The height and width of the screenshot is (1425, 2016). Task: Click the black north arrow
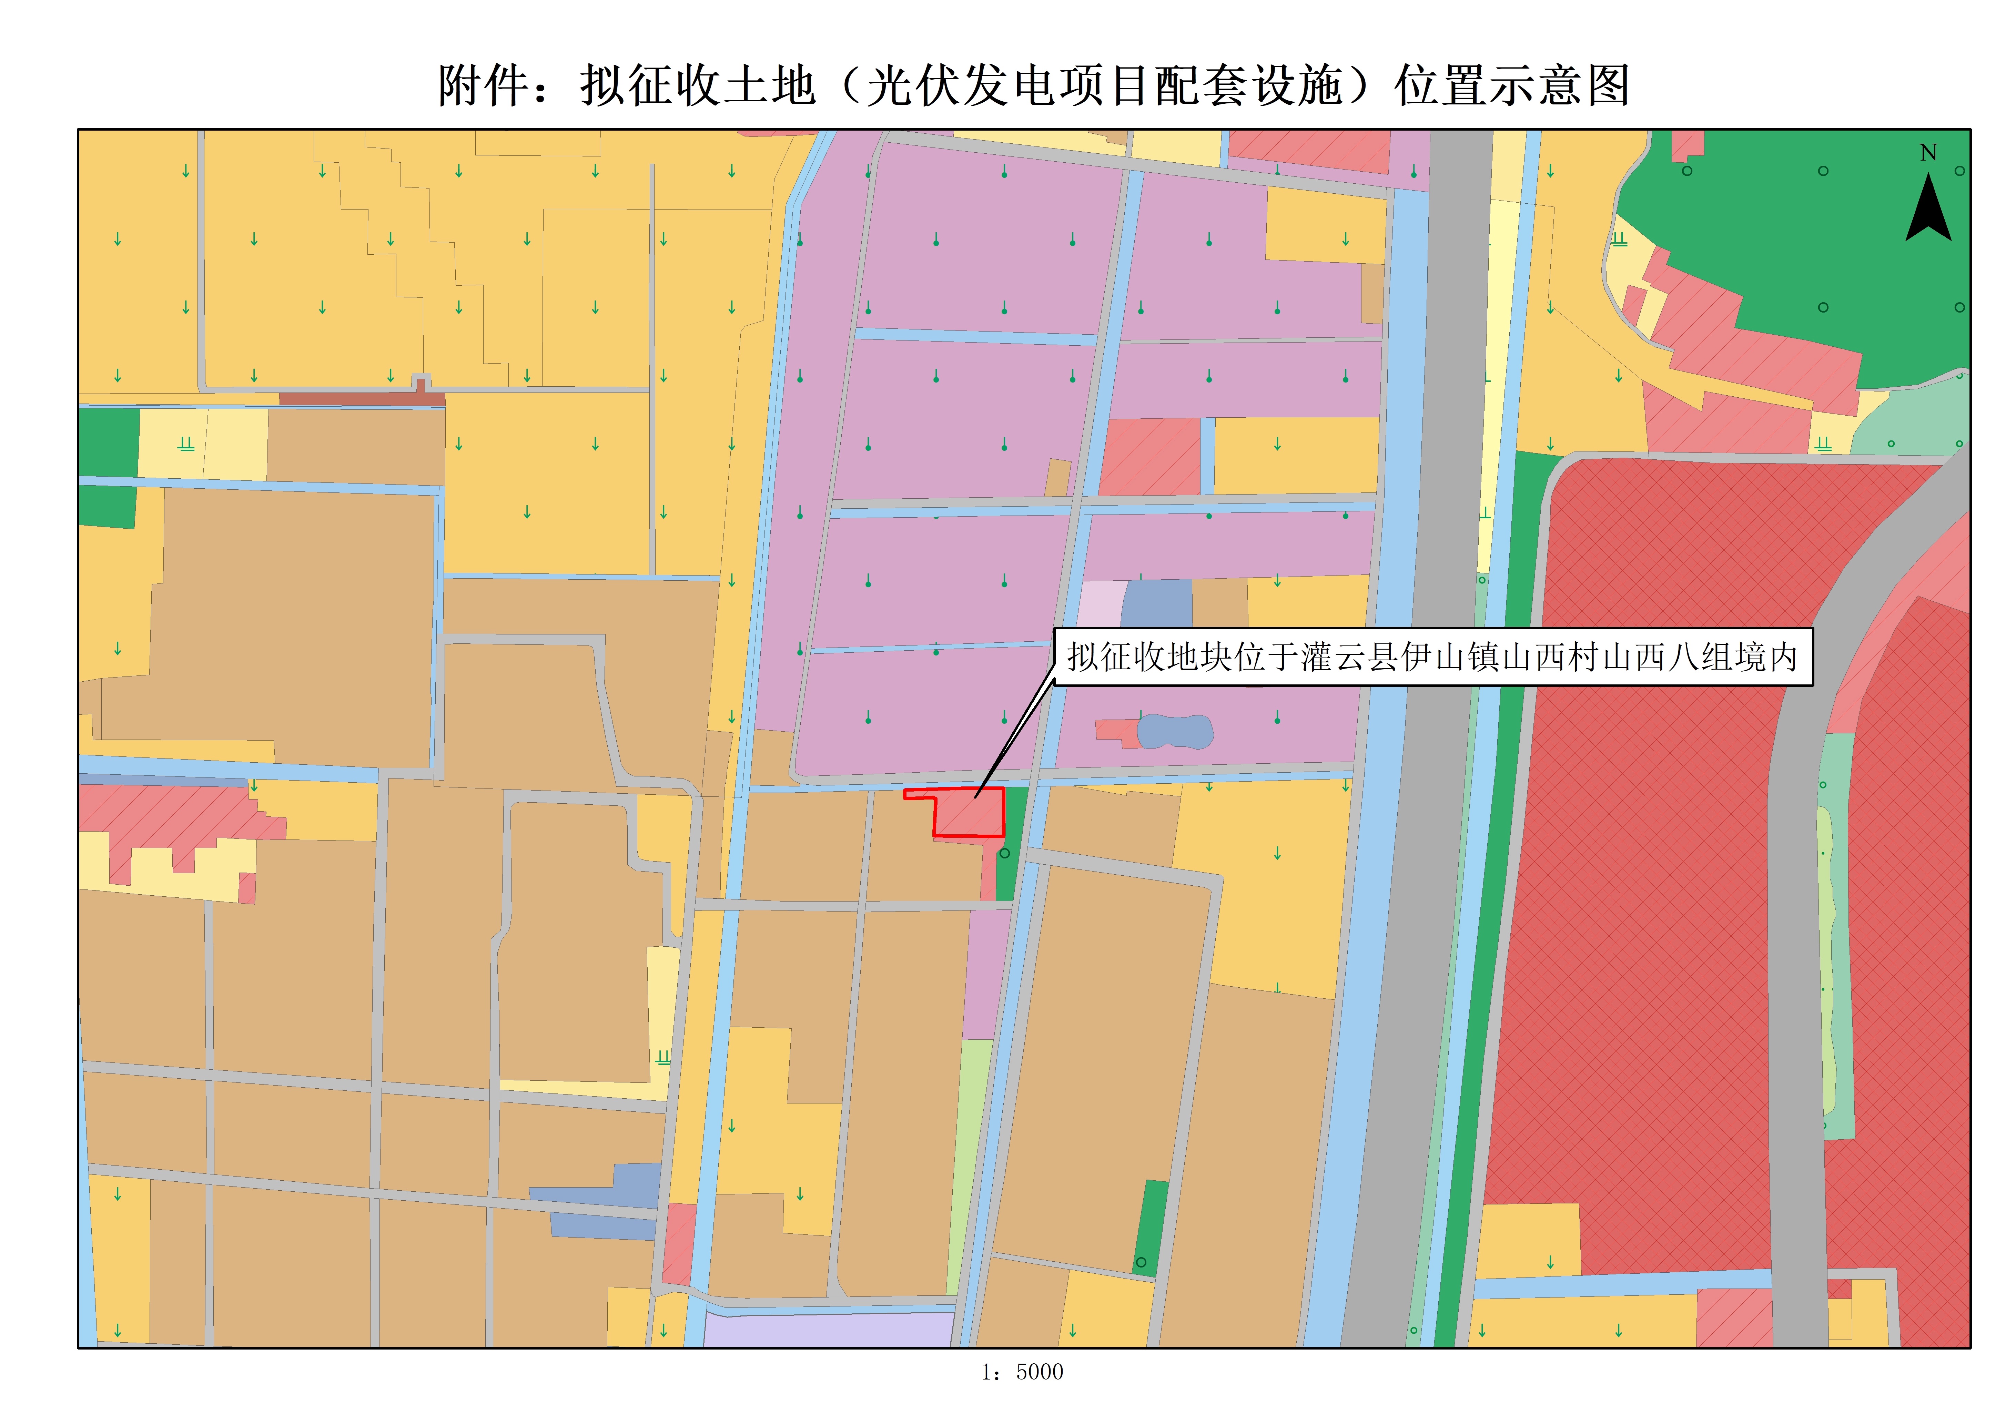(x=1928, y=211)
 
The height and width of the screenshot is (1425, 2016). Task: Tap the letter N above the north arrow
(x=1928, y=153)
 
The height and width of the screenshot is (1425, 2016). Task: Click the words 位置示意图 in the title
(x=1512, y=86)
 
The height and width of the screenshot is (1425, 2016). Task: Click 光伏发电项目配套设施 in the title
(x=1105, y=86)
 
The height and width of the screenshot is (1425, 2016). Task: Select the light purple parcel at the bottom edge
(x=830, y=1330)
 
